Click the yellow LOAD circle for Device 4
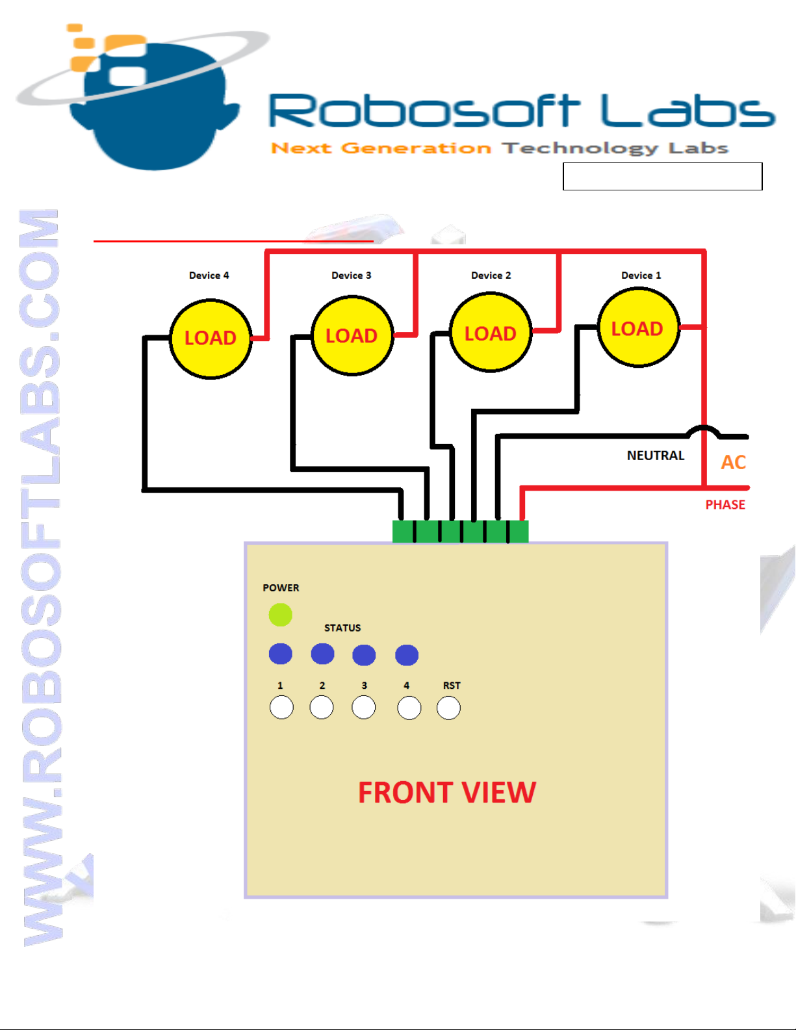point(211,339)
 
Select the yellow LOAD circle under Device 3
point(352,336)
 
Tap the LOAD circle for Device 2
point(491,333)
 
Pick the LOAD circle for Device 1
point(638,328)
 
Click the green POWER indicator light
point(281,615)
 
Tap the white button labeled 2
point(322,707)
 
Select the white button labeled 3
point(364,707)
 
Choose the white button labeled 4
point(409,708)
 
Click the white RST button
point(448,708)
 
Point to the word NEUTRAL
point(655,456)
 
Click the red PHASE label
point(725,505)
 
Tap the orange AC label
point(733,462)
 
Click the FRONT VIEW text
point(447,793)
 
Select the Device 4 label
point(209,276)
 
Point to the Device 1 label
point(641,276)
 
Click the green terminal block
point(460,531)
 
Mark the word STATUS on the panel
point(342,628)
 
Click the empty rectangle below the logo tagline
point(662,176)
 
